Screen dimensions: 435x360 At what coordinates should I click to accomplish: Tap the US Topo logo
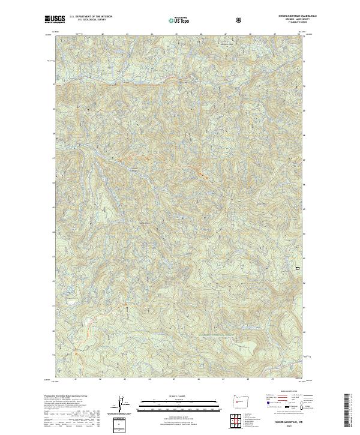point(178,20)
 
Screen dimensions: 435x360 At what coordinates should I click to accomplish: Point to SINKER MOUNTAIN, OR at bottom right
point(289,422)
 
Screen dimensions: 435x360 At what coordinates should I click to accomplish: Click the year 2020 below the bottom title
point(289,427)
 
